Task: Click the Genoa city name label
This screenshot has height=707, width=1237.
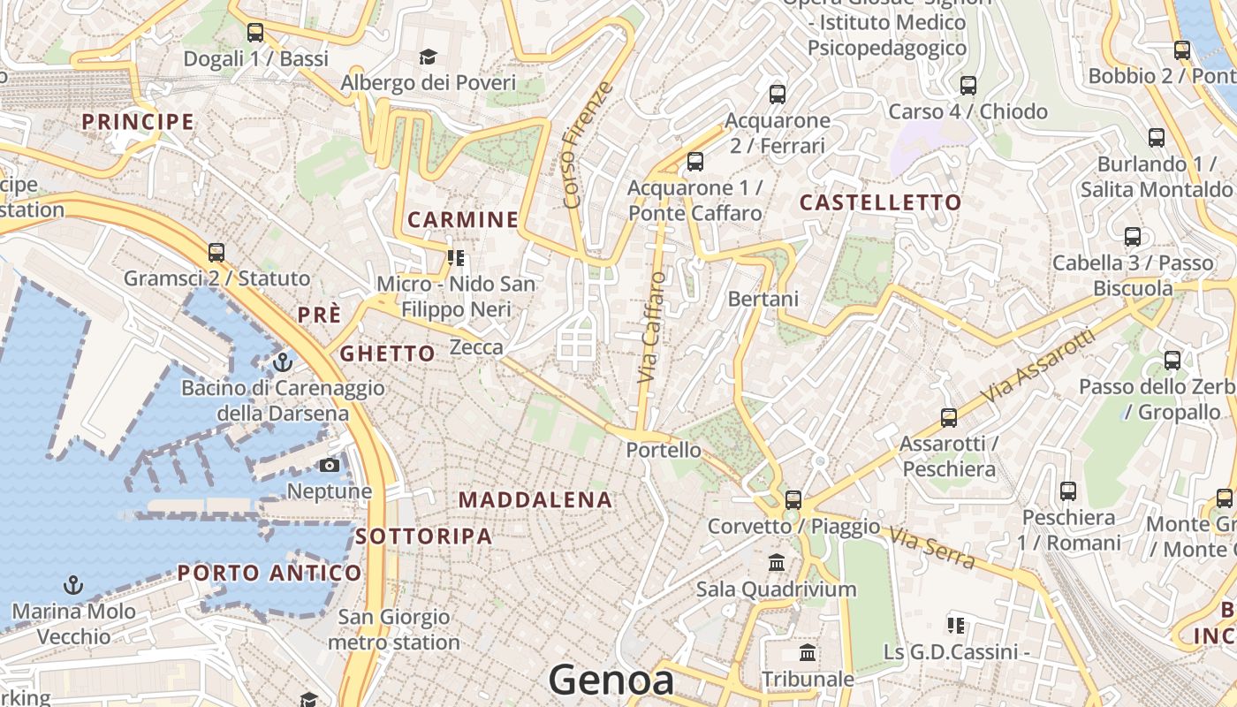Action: tap(611, 680)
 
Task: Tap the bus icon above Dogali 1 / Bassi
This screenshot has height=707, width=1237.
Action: tap(255, 33)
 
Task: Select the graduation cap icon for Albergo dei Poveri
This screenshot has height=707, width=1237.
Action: tap(428, 57)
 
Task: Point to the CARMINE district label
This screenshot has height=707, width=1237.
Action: tap(462, 219)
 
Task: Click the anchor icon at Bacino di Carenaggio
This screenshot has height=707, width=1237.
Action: tap(283, 361)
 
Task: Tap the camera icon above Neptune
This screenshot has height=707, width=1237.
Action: tap(330, 465)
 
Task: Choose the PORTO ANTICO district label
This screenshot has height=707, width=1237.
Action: tap(269, 573)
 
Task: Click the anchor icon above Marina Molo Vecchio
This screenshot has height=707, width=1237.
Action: tap(74, 585)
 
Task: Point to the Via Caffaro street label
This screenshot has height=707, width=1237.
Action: tap(651, 327)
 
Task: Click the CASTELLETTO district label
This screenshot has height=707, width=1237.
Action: tap(880, 202)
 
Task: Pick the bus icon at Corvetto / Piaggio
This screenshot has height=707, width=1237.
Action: tap(793, 499)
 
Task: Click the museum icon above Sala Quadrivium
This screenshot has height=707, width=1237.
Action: tap(777, 563)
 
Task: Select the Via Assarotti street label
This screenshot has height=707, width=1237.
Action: tap(1036, 369)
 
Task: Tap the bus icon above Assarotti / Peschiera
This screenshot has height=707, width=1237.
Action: tap(949, 417)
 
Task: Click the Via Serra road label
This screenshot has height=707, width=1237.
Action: tap(933, 548)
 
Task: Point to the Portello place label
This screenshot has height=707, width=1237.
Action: tap(664, 450)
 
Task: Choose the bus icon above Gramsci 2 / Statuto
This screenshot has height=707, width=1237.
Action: tap(216, 253)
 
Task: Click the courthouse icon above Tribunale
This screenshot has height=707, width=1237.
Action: tap(808, 653)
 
